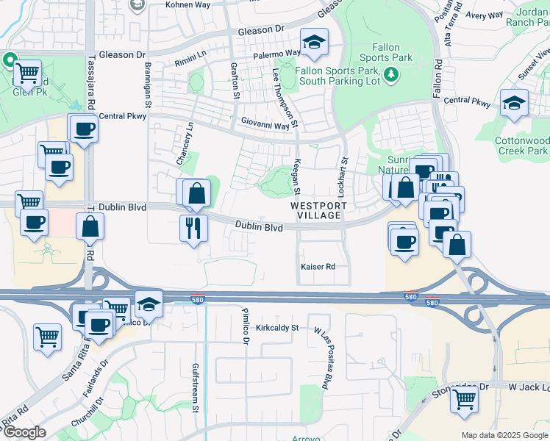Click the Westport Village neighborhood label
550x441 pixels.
pyautogui.click(x=315, y=210)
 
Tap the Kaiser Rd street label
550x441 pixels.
pyautogui.click(x=318, y=266)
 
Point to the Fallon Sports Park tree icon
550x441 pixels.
pyautogui.click(x=392, y=73)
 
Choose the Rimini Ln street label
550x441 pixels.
pyautogui.click(x=192, y=63)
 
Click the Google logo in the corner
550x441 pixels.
pyautogui.click(x=24, y=431)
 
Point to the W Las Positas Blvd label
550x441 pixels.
pyautogui.click(x=321, y=359)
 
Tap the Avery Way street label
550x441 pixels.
pyautogui.click(x=485, y=15)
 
